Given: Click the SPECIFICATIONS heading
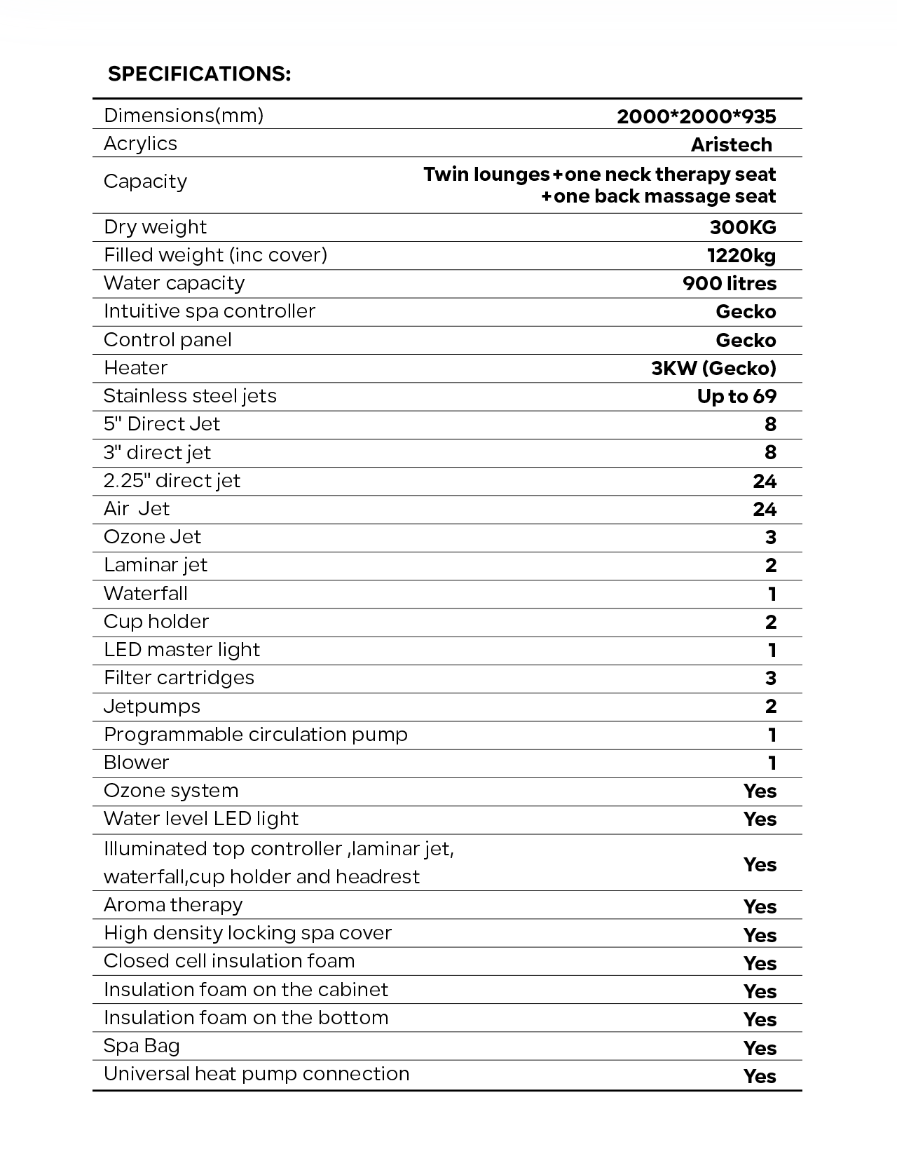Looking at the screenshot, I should [199, 74].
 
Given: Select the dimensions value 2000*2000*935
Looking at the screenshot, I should [696, 116].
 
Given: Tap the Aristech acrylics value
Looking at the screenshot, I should [731, 144].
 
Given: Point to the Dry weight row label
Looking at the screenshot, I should [155, 227].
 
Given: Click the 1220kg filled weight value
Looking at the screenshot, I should [741, 255].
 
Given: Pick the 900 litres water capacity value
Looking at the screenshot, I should [729, 284].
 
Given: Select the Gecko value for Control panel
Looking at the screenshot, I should [746, 340].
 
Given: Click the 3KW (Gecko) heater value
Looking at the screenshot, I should [713, 368].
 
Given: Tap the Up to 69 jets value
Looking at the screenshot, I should [737, 396].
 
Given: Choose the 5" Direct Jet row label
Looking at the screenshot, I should [162, 424].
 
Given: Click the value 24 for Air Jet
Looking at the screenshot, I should [765, 509].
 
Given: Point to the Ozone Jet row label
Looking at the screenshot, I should [152, 537].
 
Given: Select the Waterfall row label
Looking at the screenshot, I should [146, 594].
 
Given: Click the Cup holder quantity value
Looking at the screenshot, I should [771, 622].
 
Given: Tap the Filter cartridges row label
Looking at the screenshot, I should [179, 678].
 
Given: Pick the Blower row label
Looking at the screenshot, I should [137, 763].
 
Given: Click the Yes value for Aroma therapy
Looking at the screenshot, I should [760, 906].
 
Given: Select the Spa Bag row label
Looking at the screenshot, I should [142, 1046].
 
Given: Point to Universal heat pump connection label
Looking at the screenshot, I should [256, 1074].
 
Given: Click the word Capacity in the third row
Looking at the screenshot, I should [145, 182].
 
